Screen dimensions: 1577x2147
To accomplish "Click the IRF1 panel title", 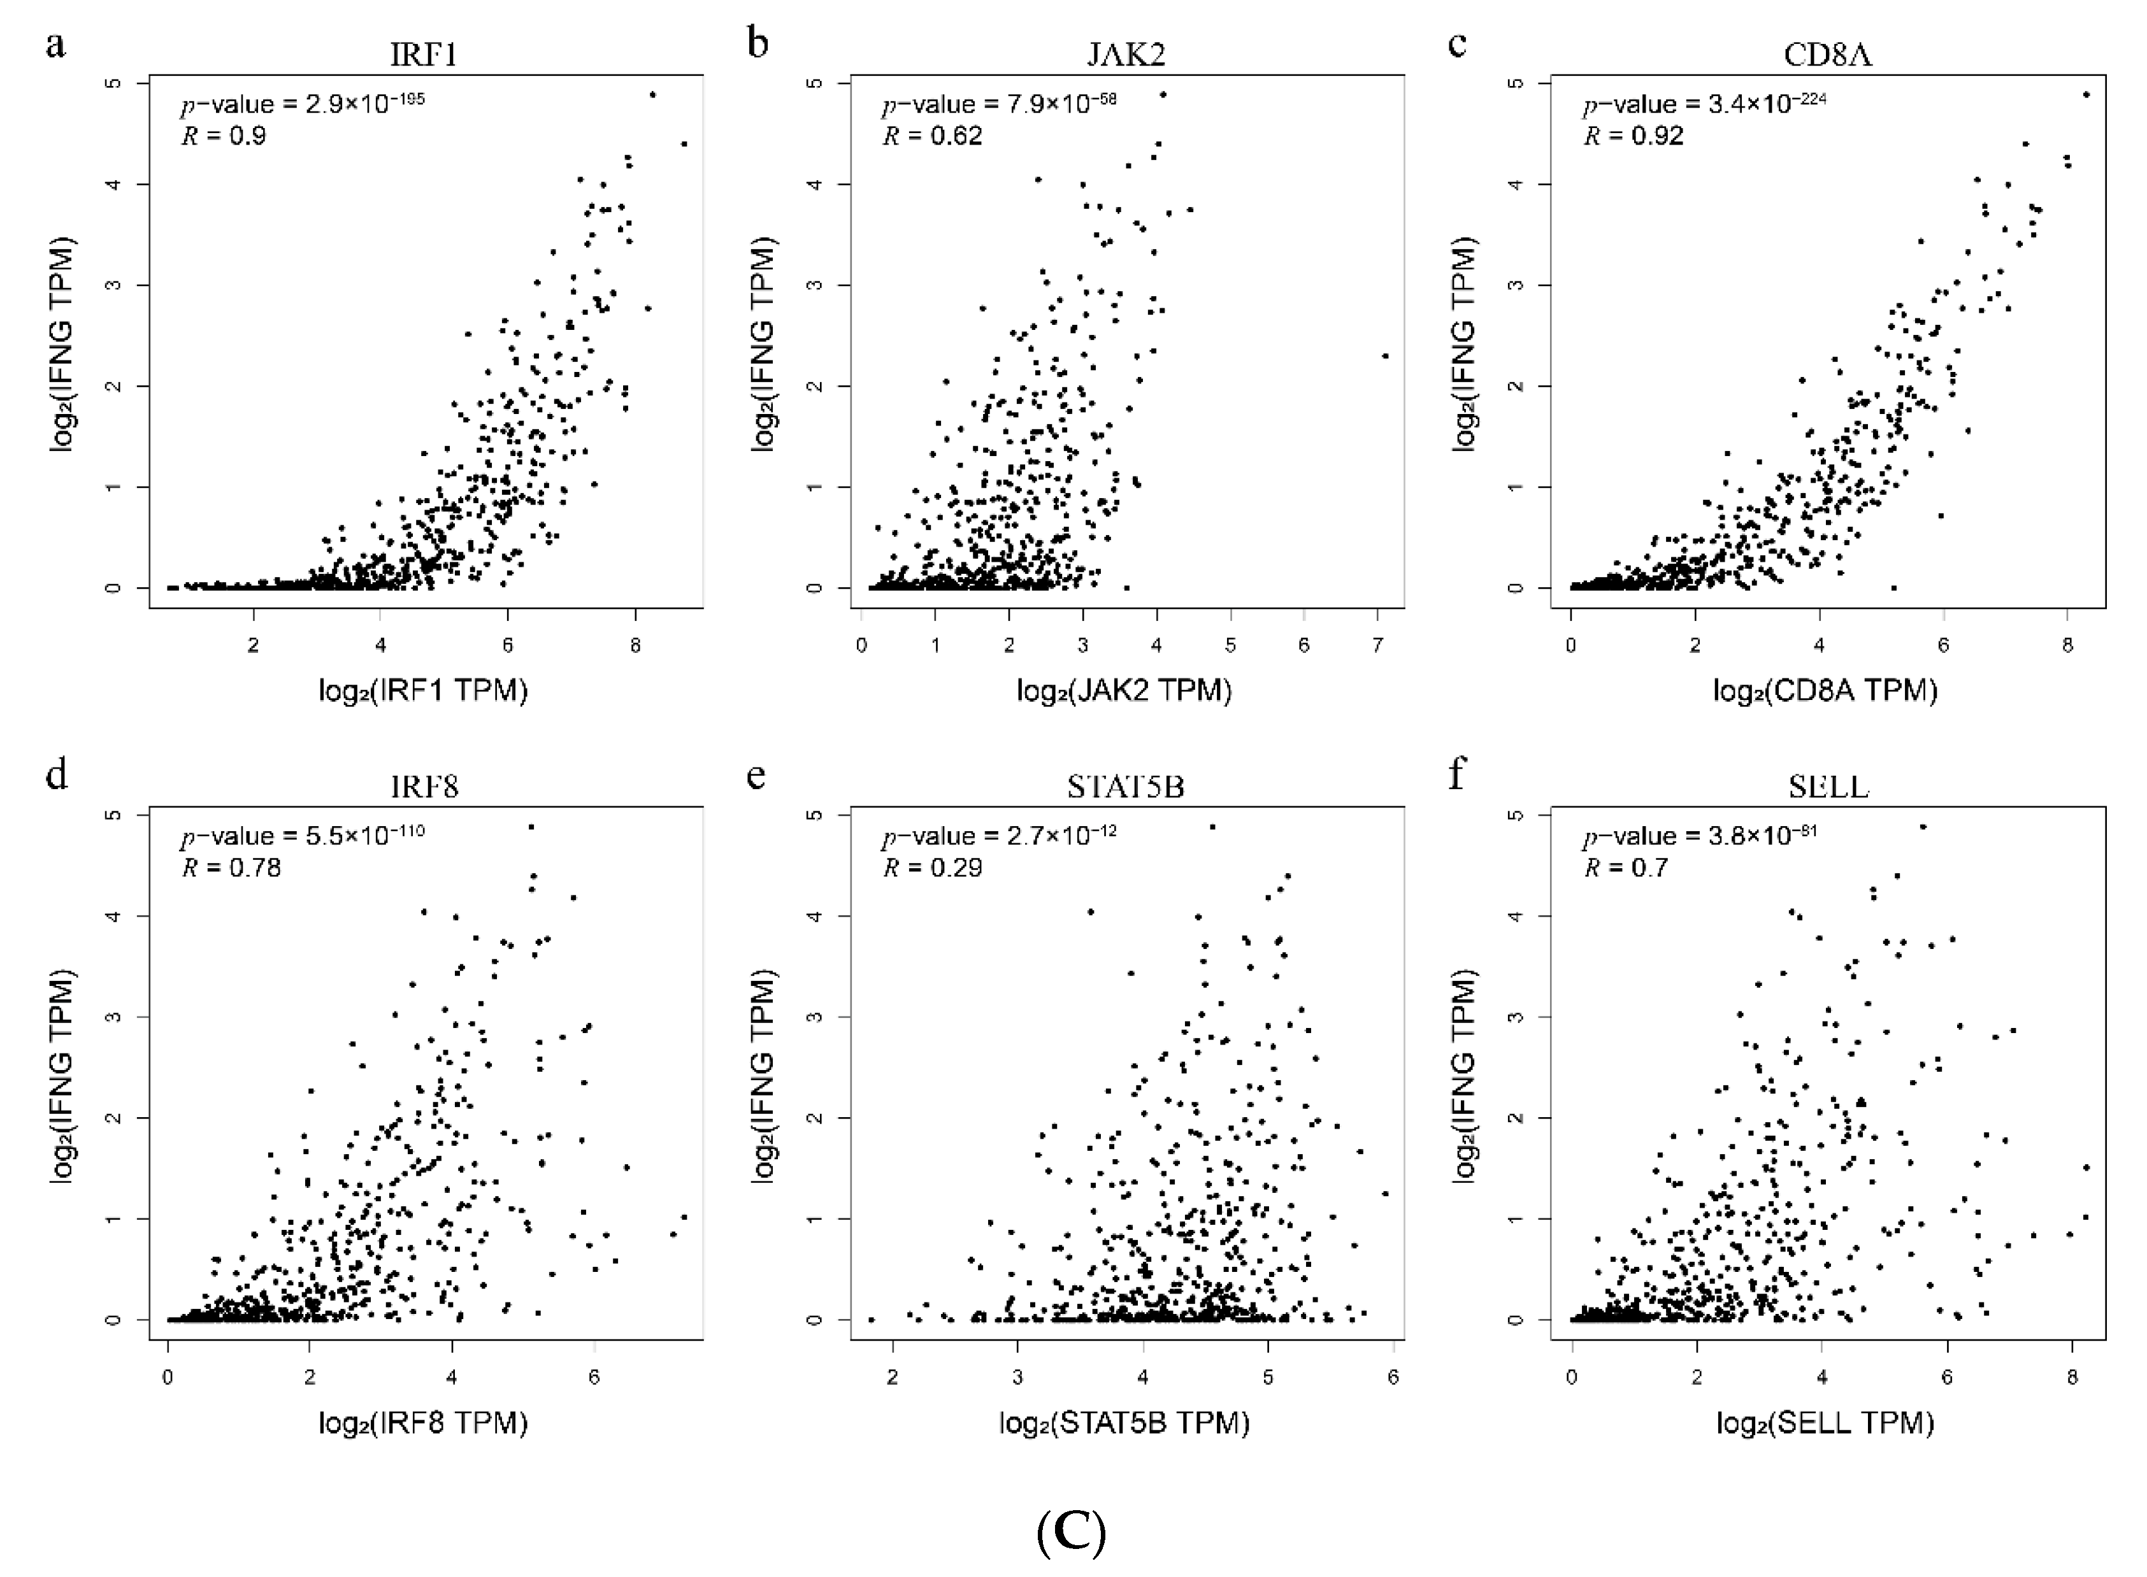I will [424, 54].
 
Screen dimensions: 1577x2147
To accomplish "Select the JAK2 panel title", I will [1126, 54].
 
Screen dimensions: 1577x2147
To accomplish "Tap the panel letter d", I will [56, 774].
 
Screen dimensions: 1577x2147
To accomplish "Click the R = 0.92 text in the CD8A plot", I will [1634, 136].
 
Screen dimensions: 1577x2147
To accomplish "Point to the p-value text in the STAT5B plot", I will [998, 836].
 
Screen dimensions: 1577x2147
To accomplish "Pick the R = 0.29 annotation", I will [931, 867].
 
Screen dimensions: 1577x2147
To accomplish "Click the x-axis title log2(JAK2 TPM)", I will [1124, 690].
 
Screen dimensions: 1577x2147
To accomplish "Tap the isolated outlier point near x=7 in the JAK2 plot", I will [1385, 356].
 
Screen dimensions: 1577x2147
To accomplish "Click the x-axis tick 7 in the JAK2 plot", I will [1377, 646].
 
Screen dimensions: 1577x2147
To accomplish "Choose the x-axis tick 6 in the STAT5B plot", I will [1393, 1378].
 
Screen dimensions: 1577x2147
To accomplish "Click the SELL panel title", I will [1827, 787].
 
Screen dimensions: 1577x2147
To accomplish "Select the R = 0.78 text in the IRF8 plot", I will [231, 867].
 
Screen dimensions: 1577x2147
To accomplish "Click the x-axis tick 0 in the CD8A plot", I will [1571, 646].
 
